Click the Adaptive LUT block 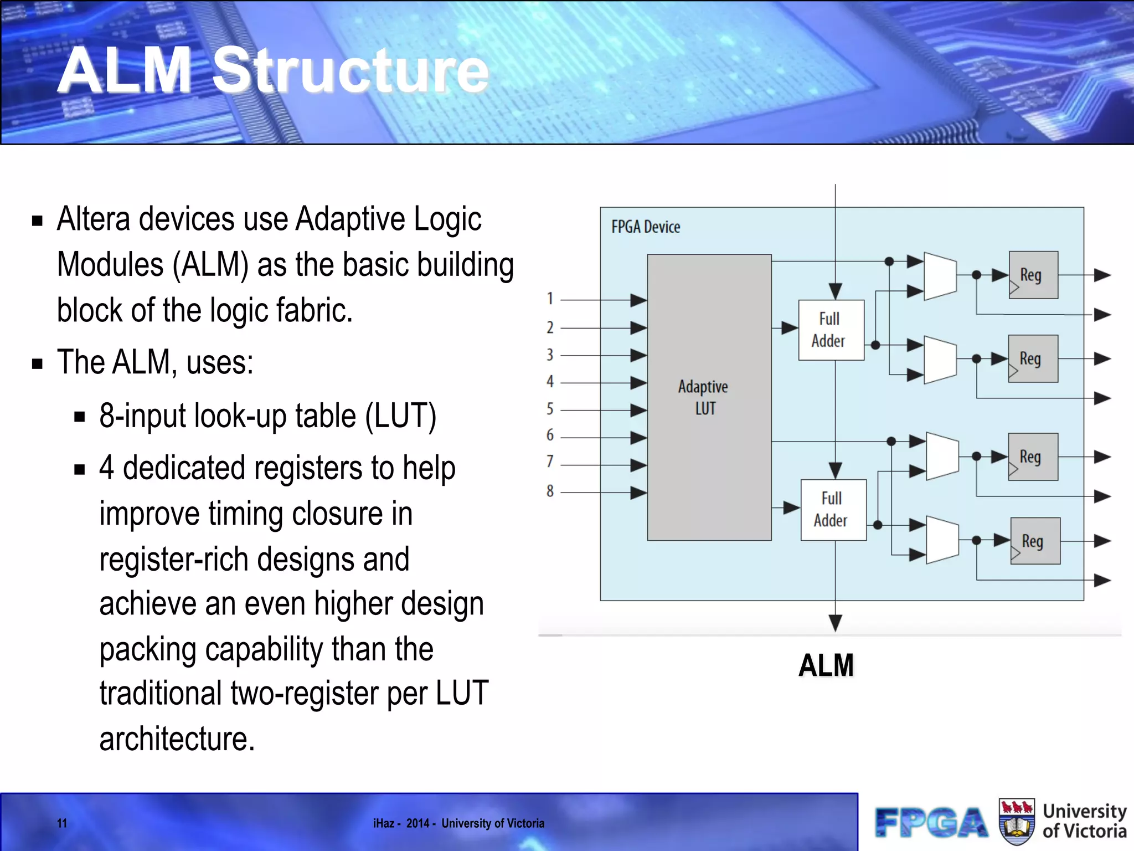709,397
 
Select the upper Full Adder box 831,330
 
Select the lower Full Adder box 833,510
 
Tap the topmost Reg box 1033,275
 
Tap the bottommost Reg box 1035,541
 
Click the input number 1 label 550,299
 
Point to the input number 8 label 550,491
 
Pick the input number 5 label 550,409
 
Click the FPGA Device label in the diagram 646,227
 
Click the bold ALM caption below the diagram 826,665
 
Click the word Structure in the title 350,70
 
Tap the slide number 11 62,823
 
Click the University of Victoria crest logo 1017,822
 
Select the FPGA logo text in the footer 931,823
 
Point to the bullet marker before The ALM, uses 38,364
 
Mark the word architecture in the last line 177,739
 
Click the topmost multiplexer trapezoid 940,276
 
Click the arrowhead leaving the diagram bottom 835,623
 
